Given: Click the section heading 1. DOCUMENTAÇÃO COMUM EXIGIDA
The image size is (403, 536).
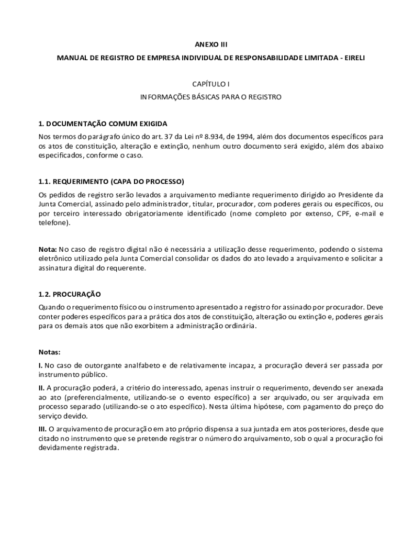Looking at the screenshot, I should coord(103,124).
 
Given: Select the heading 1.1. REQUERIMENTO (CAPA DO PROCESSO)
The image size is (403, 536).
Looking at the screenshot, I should coord(111,182).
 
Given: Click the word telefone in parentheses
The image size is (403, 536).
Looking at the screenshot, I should coord(53,222).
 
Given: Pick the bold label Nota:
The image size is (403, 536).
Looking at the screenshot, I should coord(48,249).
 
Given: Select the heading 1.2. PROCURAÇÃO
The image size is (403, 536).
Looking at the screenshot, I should coord(70,294).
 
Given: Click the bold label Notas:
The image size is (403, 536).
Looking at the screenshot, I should coord(50,352).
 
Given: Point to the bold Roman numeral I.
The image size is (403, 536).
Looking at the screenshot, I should coord(40,365).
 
